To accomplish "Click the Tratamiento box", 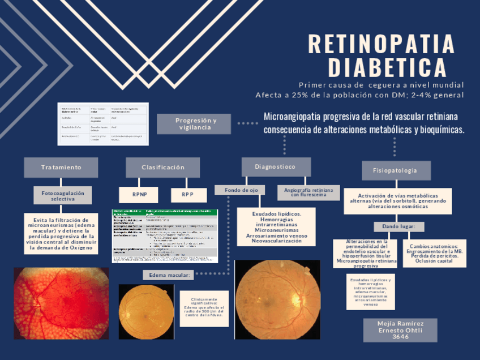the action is coord(61,168).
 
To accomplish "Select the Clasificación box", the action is coord(163,168).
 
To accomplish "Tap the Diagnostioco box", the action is coord(276,167).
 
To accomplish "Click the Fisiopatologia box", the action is coord(396,170).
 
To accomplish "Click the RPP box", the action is coord(187,194).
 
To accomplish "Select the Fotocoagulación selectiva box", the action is coord(62,196).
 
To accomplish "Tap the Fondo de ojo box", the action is coord(241,190).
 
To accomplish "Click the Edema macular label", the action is coord(169,275).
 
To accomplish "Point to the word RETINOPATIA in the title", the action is coord(382,44).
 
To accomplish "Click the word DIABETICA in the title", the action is coord(388,67).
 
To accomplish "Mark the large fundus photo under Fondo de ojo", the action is coord(277,299).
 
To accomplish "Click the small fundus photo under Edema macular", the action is coord(146,311).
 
